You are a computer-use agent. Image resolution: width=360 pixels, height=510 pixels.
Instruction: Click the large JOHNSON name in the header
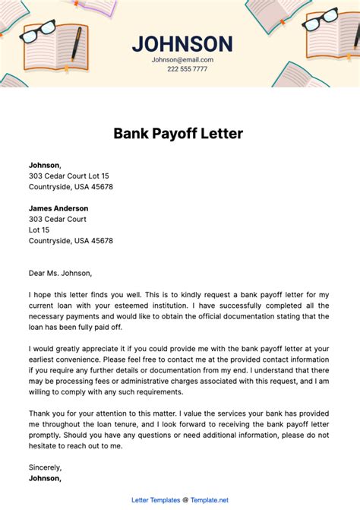click(182, 43)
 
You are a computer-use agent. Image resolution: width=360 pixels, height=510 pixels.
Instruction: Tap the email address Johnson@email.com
click(182, 59)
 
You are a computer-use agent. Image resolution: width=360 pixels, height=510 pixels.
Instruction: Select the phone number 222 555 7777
click(186, 69)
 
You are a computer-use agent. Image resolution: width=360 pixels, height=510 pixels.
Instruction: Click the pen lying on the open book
click(77, 45)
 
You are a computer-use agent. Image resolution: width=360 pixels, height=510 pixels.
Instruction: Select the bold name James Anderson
click(62, 207)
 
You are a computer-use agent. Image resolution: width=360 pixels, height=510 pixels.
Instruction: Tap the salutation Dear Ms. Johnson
click(60, 273)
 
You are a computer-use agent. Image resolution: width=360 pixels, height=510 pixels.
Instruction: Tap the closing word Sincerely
click(45, 467)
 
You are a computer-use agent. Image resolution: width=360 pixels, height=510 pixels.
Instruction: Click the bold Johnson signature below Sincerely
click(45, 479)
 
